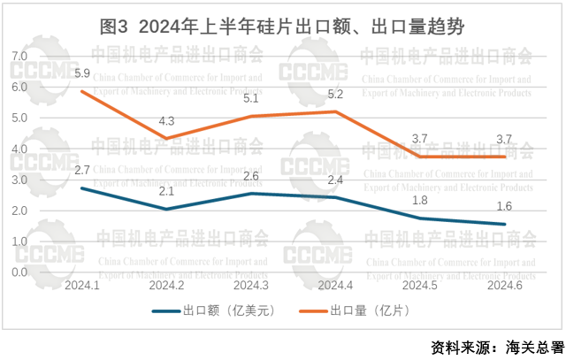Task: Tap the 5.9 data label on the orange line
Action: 82,72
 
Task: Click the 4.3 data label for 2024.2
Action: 166,120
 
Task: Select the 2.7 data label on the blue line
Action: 82,170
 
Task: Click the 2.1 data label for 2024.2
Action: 166,191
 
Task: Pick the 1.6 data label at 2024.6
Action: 502,206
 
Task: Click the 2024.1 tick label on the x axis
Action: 82,285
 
